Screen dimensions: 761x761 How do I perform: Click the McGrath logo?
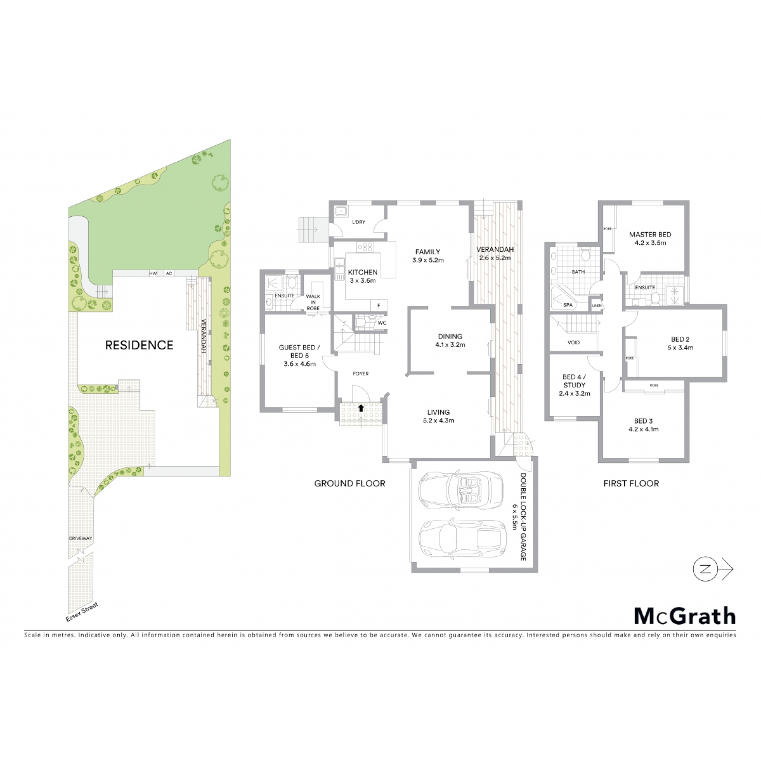[x=685, y=615]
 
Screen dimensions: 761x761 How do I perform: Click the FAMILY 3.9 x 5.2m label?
[x=428, y=256]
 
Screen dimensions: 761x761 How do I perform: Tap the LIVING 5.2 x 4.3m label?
[x=438, y=416]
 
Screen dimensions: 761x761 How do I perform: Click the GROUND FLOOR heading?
[x=350, y=484]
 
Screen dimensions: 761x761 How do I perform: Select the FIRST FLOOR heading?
[x=631, y=484]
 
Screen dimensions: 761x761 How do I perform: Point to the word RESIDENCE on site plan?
[x=139, y=345]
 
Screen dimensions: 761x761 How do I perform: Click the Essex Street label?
[x=82, y=612]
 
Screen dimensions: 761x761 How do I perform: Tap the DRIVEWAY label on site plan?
[x=80, y=538]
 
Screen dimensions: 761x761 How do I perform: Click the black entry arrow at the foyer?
[x=361, y=407]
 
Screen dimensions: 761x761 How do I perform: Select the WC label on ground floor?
[x=382, y=323]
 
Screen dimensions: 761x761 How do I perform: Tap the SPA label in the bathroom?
[x=568, y=305]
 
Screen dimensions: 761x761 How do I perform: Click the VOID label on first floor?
[x=574, y=342]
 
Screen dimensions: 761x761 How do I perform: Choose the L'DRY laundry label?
[x=359, y=222]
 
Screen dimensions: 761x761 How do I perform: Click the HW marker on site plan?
[x=153, y=273]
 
